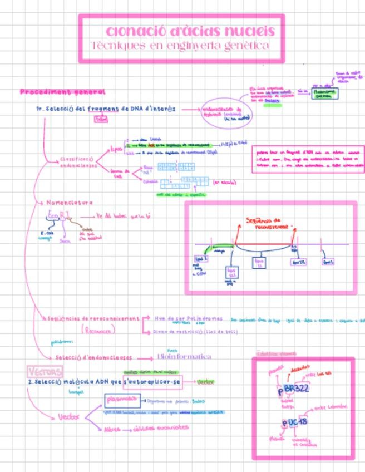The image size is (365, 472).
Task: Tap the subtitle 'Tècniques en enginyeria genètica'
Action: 181,45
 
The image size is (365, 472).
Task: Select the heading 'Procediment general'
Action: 62,92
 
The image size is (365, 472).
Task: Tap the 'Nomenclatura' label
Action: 70,203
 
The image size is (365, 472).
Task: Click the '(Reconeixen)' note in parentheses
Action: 98,330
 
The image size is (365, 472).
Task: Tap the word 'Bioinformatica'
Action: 184,356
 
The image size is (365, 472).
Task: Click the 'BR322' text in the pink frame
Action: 296,389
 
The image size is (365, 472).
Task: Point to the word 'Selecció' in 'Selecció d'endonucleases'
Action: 70,358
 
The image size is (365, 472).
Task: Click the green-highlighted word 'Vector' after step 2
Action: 206,382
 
